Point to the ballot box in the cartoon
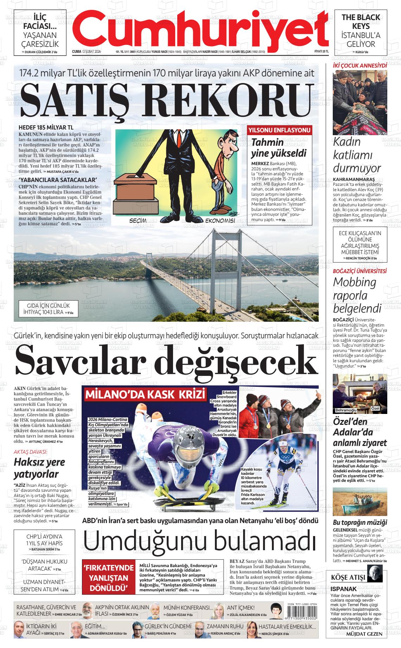pyautogui.click(x=134, y=192)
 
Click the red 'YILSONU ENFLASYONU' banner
pyautogui.click(x=280, y=130)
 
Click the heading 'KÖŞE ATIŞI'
pyautogui.click(x=348, y=578)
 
